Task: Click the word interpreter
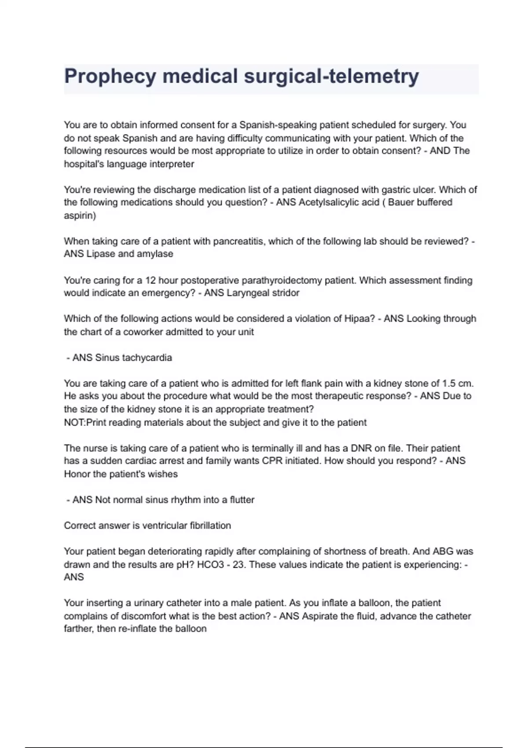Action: (172, 164)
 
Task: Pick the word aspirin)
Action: (80, 216)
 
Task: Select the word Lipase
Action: (101, 254)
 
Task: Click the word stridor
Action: (285, 293)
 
